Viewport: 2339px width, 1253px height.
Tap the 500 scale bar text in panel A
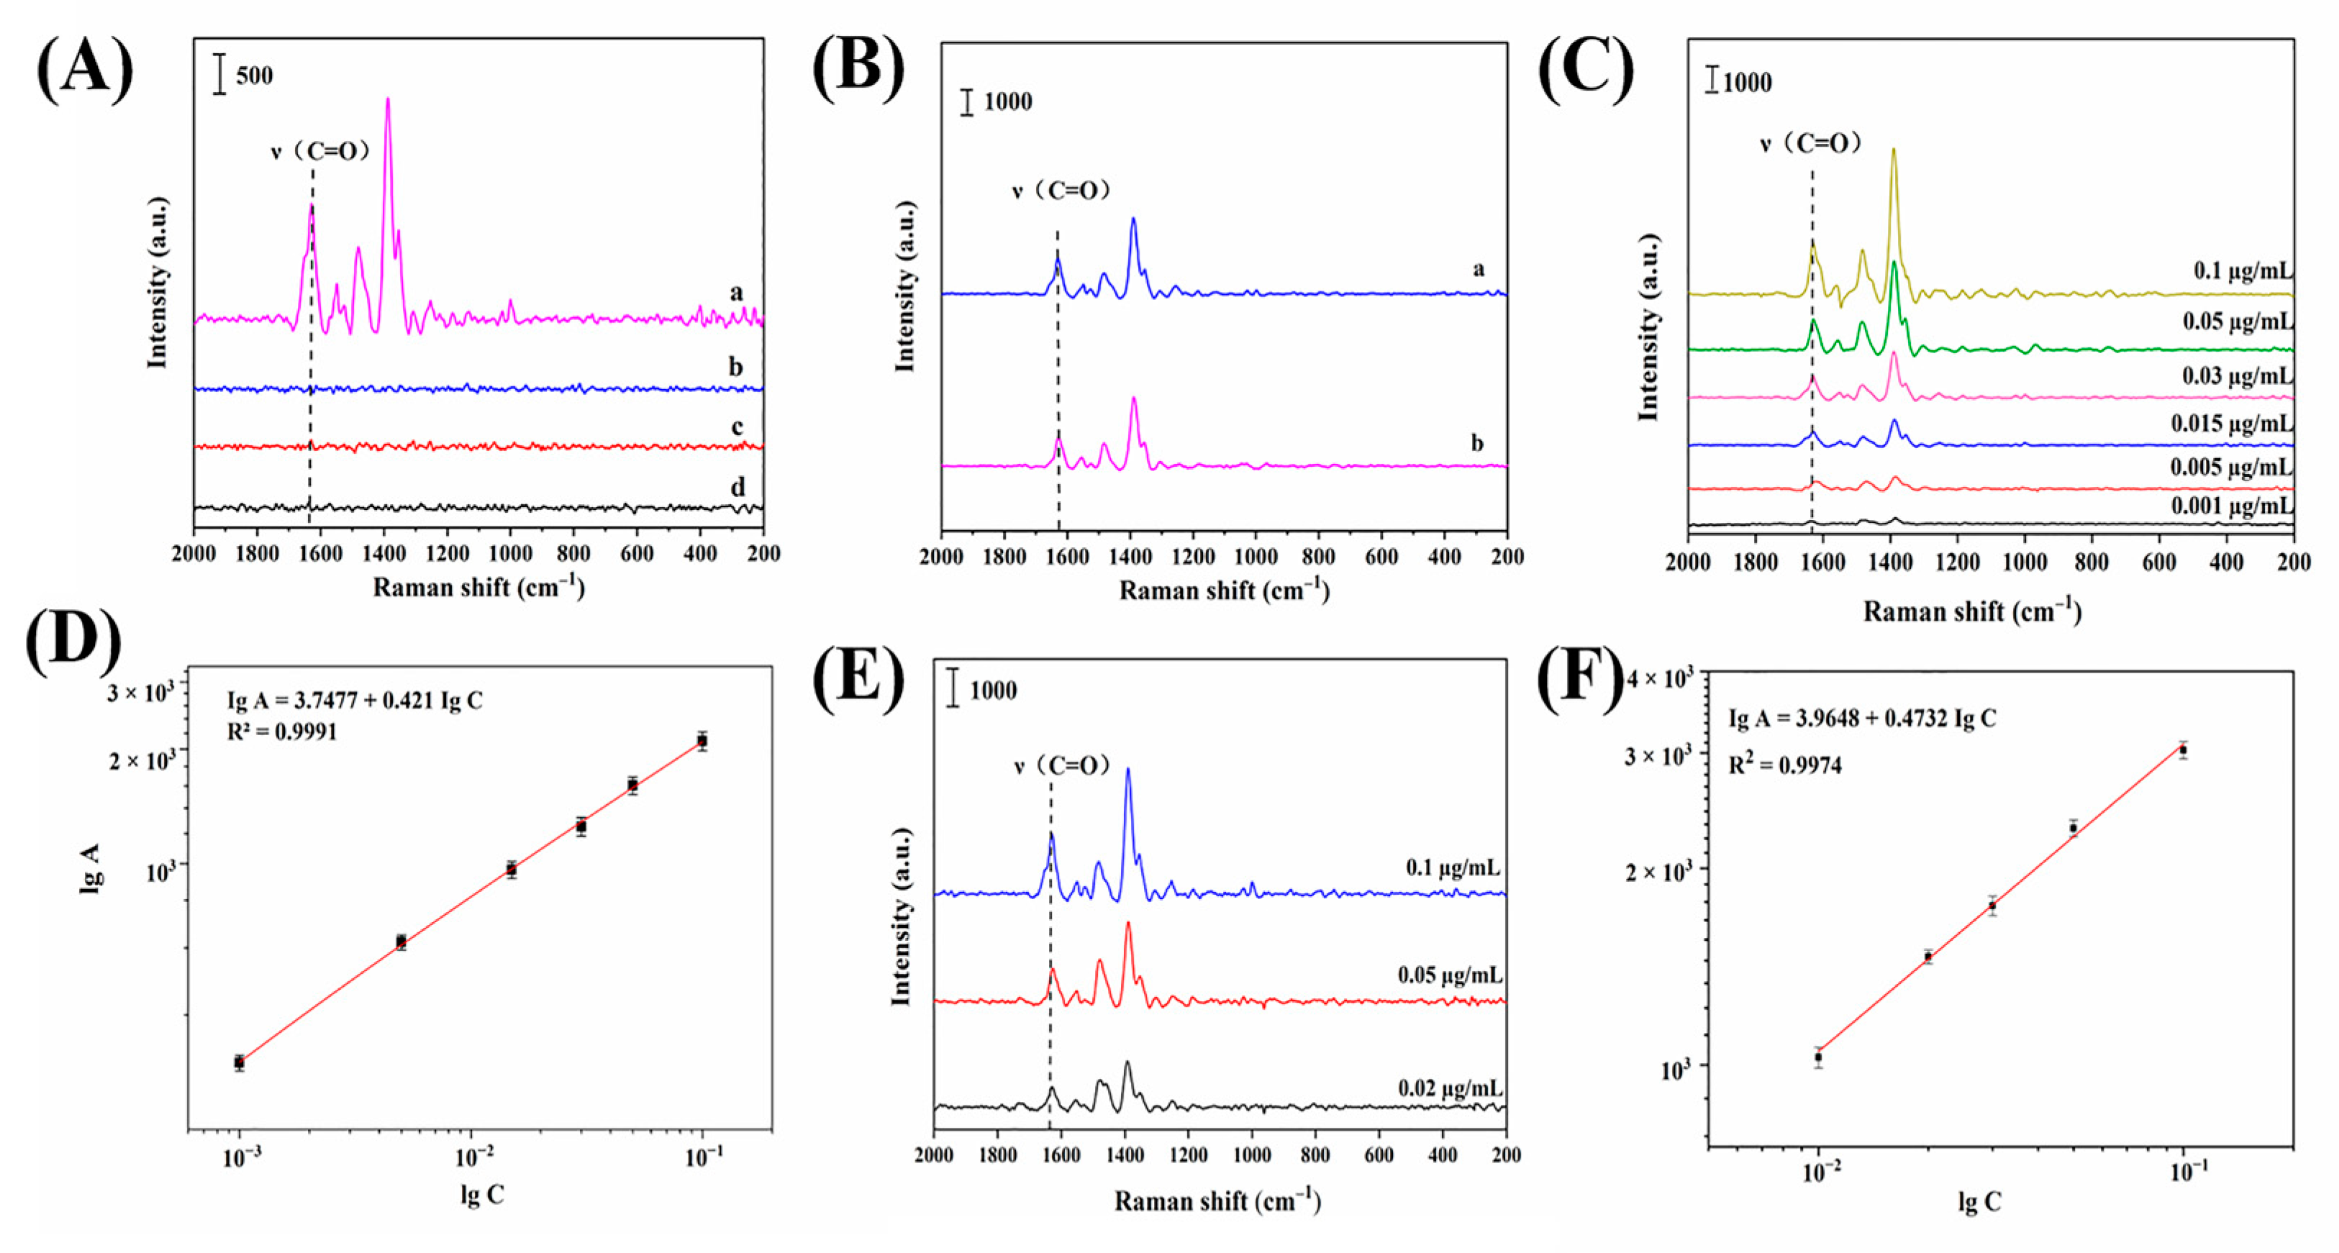(x=254, y=76)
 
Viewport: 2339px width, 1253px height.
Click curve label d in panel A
(x=737, y=488)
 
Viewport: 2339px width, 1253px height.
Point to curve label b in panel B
(x=1477, y=443)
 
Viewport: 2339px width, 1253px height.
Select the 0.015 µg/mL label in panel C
(x=2232, y=423)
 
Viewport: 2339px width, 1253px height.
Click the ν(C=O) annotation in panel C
(x=1810, y=143)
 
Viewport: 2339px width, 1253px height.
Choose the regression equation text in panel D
(x=354, y=701)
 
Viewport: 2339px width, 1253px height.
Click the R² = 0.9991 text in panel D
(x=281, y=732)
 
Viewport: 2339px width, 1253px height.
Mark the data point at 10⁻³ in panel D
(x=239, y=1062)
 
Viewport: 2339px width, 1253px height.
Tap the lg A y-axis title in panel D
(x=91, y=869)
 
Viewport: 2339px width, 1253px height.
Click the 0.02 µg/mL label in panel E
(x=1450, y=1087)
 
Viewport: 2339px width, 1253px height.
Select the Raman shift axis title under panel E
(x=1217, y=1201)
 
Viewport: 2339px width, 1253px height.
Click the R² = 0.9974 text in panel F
(x=1784, y=765)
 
